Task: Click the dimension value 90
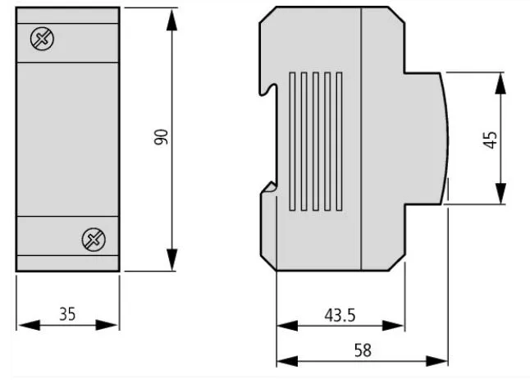pos(162,138)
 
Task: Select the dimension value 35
pos(67,313)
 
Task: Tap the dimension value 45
pos(491,138)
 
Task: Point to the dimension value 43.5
pos(340,314)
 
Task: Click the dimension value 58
pos(362,350)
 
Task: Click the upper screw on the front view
pos(39,38)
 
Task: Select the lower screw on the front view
pos(92,240)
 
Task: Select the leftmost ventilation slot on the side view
pos(292,143)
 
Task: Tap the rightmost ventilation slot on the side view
pos(339,143)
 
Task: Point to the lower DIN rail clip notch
pos(268,190)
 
